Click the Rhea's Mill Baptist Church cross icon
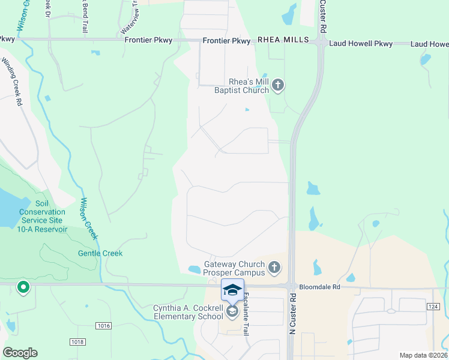[x=277, y=86]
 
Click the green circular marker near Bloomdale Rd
[x=23, y=288]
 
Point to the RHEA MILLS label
[x=283, y=40]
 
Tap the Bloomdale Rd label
[x=320, y=287]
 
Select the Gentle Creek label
[x=100, y=253]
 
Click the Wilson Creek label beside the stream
[x=89, y=218]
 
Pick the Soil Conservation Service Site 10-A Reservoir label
[x=41, y=216]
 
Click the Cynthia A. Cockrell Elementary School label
[x=188, y=312]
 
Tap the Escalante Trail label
[x=246, y=314]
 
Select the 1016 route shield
[x=103, y=326]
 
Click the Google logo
[x=20, y=353]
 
